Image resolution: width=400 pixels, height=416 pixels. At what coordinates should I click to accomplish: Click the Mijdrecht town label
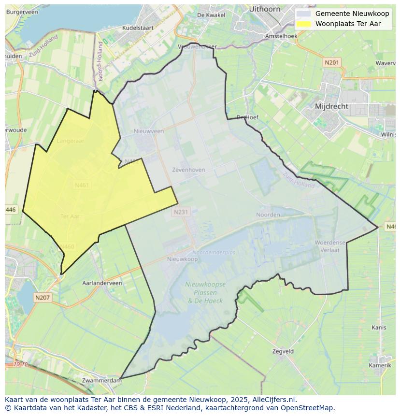331,106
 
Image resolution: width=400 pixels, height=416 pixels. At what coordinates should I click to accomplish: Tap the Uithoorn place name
264,9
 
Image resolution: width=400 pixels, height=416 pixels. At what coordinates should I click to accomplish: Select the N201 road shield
332,62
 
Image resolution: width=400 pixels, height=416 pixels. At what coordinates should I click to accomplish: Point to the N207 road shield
43,298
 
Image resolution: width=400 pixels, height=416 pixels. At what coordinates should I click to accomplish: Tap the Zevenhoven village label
188,170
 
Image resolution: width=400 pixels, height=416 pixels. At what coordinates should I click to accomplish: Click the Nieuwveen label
149,131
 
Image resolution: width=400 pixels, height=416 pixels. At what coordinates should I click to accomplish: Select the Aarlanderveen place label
102,283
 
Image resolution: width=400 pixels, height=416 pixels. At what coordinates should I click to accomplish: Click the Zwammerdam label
102,380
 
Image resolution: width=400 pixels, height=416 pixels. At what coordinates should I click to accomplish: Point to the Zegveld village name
283,351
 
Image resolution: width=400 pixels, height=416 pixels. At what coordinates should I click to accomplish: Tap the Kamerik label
380,365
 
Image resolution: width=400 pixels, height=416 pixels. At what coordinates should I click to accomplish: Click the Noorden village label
268,215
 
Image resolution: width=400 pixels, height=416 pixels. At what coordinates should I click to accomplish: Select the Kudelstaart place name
138,28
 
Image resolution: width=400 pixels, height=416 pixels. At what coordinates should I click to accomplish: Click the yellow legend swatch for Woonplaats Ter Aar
303,24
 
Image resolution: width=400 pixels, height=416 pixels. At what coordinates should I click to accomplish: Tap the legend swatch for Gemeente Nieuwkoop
303,14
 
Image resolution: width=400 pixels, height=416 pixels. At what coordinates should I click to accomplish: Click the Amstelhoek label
281,36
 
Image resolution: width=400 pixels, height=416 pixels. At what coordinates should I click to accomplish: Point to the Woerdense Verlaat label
330,246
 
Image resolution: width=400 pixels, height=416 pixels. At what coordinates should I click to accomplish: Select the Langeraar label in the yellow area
71,141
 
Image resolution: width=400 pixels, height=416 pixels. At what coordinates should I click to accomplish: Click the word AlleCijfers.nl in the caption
274,400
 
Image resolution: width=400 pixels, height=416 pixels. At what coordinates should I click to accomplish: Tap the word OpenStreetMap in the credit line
309,408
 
